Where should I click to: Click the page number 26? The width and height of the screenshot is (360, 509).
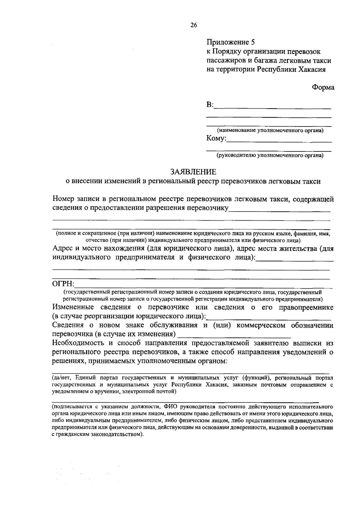coord(193,25)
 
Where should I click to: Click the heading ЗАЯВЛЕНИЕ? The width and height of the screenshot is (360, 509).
coord(193,172)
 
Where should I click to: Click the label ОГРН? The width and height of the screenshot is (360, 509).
coord(63,284)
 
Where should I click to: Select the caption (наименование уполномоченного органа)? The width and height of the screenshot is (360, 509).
coord(270,130)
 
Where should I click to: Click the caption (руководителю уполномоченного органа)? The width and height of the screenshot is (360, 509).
coord(270,155)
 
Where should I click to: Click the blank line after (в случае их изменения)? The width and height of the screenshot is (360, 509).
coord(235,336)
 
